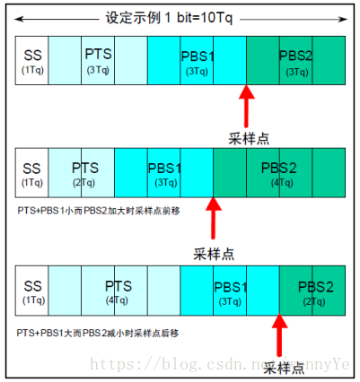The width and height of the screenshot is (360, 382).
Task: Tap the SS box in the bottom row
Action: click(32, 292)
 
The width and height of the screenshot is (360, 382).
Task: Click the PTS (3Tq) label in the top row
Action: click(99, 61)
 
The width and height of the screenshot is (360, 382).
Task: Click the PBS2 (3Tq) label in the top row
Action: click(297, 61)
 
